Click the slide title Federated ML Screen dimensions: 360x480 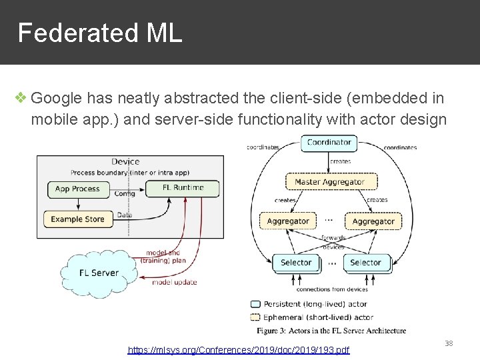click(x=99, y=33)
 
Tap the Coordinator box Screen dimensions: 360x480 click(x=329, y=142)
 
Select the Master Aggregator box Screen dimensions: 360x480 click(x=329, y=181)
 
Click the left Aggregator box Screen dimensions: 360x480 click(x=288, y=221)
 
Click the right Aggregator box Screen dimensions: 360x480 click(x=373, y=221)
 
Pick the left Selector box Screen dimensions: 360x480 click(x=296, y=263)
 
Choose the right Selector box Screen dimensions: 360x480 click(x=365, y=263)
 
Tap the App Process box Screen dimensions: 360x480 click(x=77, y=189)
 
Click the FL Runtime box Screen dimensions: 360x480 click(x=183, y=188)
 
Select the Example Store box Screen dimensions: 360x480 click(x=77, y=219)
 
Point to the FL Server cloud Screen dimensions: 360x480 click(x=99, y=273)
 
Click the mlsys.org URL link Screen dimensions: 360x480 click(x=239, y=350)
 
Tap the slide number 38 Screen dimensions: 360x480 click(x=448, y=343)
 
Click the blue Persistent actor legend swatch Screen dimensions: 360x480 click(x=255, y=304)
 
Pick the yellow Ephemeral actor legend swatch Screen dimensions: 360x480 click(x=255, y=317)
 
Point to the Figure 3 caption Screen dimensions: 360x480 click(x=331, y=331)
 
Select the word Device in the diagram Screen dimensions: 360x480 click(x=125, y=161)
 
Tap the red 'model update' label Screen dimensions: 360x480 click(x=175, y=282)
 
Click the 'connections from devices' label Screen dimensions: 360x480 click(x=331, y=289)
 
